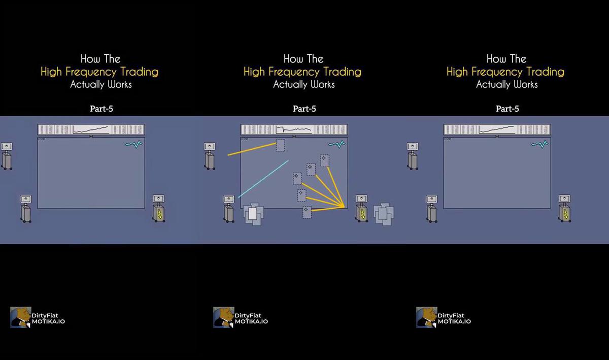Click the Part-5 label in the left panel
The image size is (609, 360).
click(x=101, y=109)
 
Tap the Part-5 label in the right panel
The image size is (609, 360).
click(x=507, y=109)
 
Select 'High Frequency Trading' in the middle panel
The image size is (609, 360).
click(x=302, y=72)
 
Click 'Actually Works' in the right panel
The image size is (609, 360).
click(x=507, y=84)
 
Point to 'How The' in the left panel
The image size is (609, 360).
click(x=100, y=59)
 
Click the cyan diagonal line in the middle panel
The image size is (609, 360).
click(x=263, y=179)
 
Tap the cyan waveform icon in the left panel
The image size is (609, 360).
click(x=134, y=144)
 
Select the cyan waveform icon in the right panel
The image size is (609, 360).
click(x=539, y=144)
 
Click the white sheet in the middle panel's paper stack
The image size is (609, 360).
click(x=253, y=214)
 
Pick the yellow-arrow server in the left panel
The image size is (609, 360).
click(x=159, y=209)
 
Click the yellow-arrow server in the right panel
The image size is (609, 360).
click(x=565, y=209)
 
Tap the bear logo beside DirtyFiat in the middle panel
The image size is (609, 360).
click(x=223, y=317)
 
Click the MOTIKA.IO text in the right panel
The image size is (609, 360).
click(x=454, y=321)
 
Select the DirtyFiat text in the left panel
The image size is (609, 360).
click(x=45, y=316)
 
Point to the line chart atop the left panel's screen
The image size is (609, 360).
click(x=91, y=129)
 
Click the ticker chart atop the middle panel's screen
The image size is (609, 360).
click(x=294, y=129)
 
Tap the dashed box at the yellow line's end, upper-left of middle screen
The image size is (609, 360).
click(x=281, y=145)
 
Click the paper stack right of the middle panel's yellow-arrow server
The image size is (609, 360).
click(x=384, y=214)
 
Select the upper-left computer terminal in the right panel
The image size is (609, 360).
click(x=413, y=156)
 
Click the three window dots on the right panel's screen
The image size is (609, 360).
click(x=448, y=139)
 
